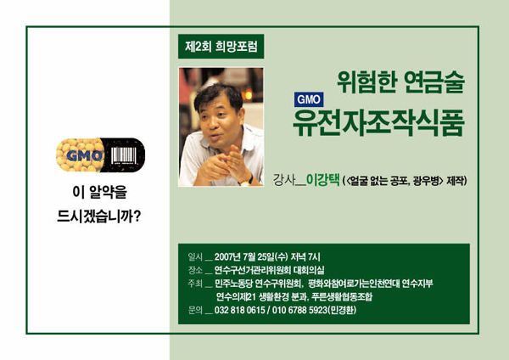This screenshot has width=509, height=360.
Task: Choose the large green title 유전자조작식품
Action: [x=378, y=120]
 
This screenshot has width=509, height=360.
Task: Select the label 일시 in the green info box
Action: [x=195, y=256]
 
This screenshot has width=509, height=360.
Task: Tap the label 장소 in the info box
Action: [x=195, y=269]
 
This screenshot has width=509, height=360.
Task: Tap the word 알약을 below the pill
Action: [x=114, y=192]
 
